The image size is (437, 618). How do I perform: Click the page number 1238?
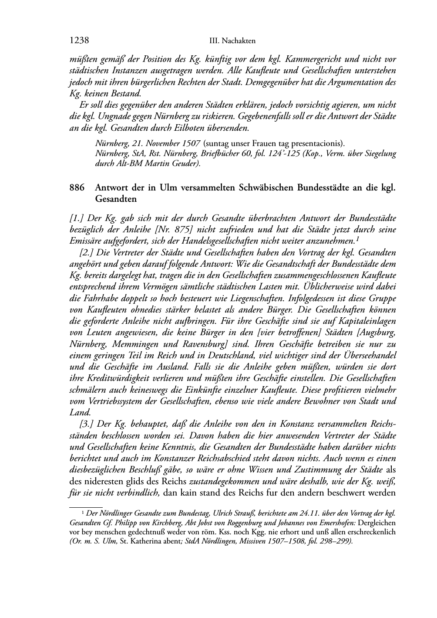coord(79,41)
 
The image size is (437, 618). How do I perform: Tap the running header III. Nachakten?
coord(232,41)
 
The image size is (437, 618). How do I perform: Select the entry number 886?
coord(77,188)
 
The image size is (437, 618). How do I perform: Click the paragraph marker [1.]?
coord(77,217)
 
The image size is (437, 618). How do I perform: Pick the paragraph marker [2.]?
coord(87,252)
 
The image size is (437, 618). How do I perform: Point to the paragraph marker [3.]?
coord(87,424)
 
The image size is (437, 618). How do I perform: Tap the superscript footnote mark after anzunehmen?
coord(356,238)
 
